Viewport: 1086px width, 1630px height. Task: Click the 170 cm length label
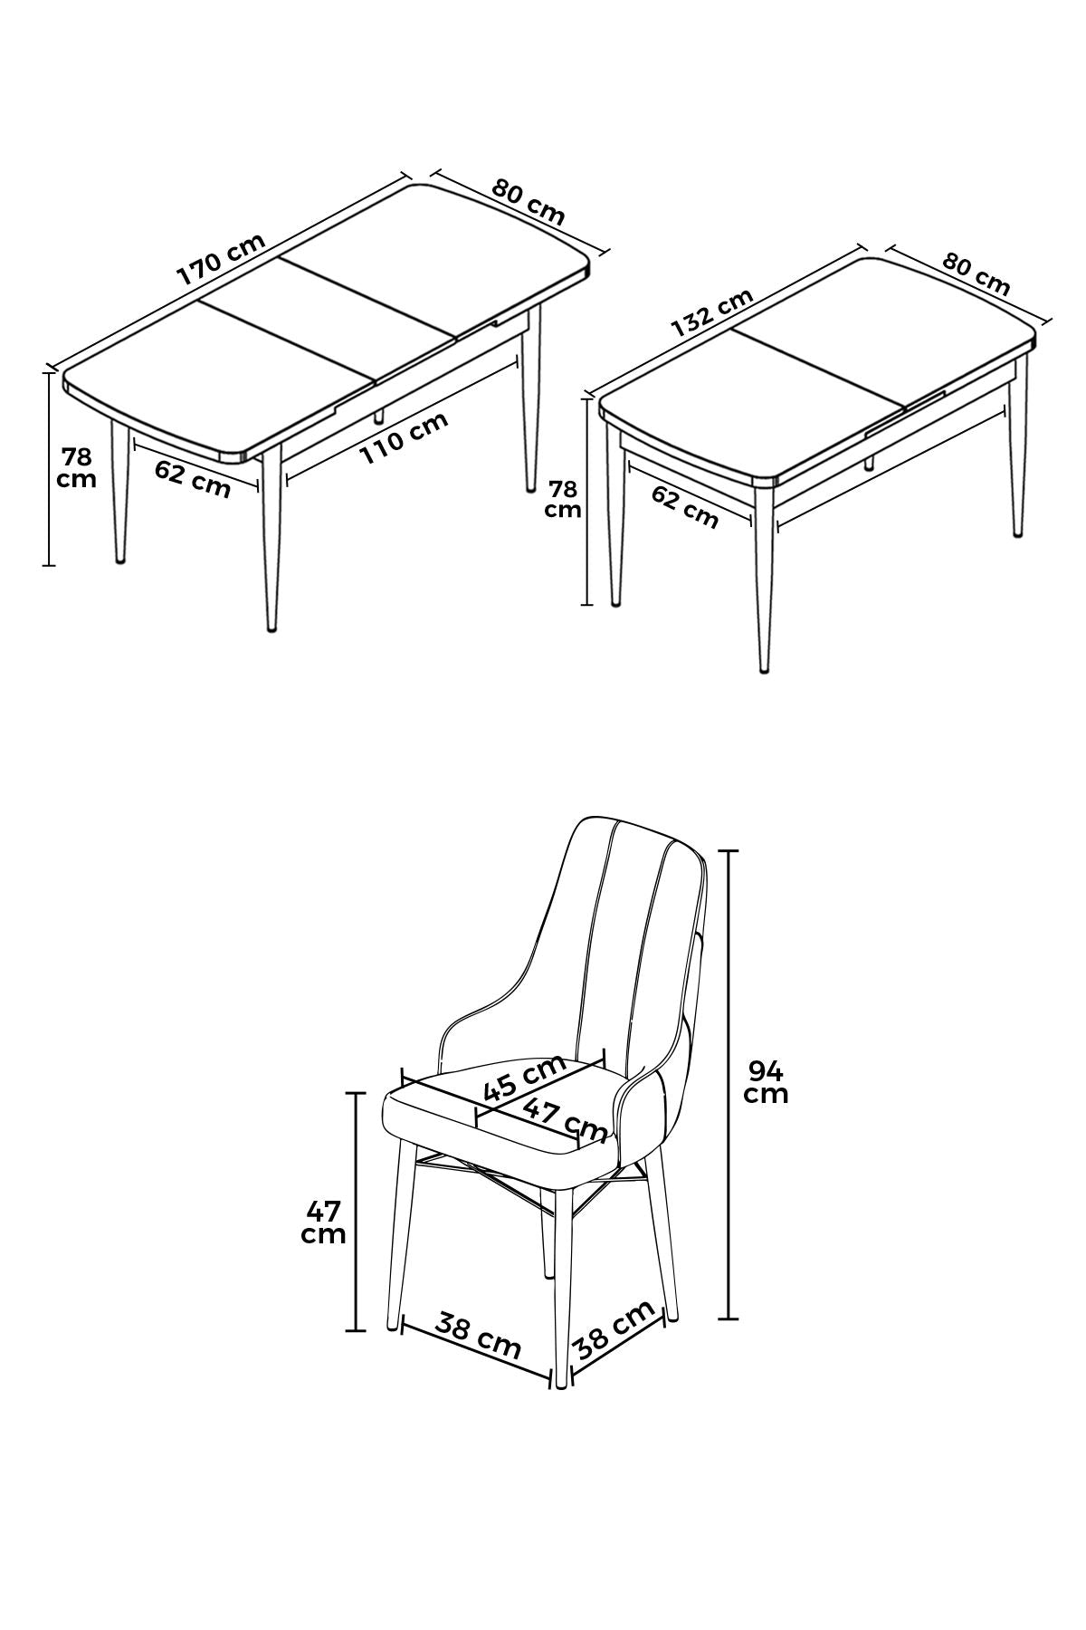(x=221, y=259)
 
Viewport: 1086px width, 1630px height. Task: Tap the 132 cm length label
(x=712, y=312)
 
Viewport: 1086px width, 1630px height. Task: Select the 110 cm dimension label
(x=405, y=438)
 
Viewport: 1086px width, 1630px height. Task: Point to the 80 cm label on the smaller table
(x=976, y=273)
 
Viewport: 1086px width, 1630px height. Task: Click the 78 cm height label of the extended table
(x=76, y=467)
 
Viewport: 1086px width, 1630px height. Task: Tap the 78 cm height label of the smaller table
(x=563, y=499)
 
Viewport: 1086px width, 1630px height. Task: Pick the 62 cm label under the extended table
(x=192, y=478)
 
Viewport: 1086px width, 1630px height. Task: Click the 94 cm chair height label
(x=766, y=1082)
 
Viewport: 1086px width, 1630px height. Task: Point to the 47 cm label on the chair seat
(x=565, y=1120)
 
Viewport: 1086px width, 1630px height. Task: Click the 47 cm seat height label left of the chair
(x=323, y=1222)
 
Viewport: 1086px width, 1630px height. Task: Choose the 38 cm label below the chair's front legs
(x=478, y=1336)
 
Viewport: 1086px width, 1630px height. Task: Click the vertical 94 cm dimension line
(x=729, y=1084)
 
